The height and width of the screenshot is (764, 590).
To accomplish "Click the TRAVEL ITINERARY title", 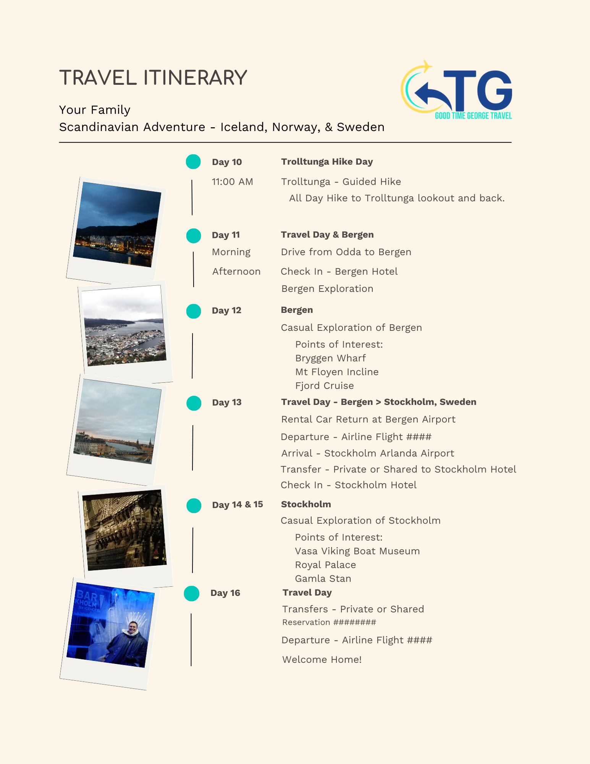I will click(153, 78).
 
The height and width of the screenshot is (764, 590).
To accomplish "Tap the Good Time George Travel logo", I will click(457, 91).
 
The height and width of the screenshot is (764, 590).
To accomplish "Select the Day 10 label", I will click(226, 162).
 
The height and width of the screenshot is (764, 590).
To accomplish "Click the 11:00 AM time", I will click(232, 182).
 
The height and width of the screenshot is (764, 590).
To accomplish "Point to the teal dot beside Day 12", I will click(194, 311).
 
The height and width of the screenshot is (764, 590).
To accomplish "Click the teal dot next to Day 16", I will click(192, 594).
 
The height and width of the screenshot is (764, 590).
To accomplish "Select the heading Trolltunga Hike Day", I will click(327, 162).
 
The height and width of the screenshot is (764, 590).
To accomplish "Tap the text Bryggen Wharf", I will click(330, 358).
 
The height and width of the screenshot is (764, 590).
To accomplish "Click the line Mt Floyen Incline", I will click(337, 372).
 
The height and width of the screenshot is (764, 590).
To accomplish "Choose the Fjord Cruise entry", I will click(324, 386).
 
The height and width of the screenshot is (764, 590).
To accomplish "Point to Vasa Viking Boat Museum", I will click(357, 551).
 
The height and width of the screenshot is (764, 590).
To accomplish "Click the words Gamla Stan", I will click(323, 579).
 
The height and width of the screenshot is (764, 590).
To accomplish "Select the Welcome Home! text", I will click(322, 660).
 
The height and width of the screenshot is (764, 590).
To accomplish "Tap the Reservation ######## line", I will click(329, 622).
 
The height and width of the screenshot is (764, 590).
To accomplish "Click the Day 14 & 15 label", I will click(237, 505).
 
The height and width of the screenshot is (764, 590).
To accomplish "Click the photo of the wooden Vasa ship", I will click(124, 530).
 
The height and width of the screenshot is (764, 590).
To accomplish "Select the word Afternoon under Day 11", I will click(236, 272).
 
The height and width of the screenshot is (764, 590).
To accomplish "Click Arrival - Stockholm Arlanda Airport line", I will click(367, 453).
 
